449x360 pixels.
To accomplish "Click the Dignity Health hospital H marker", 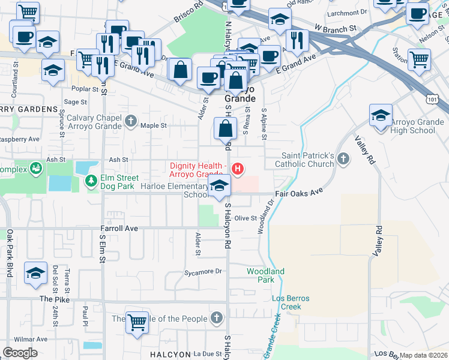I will [238, 169].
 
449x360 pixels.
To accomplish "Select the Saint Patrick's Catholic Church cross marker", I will [343, 159].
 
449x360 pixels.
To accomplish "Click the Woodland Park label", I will [265, 275].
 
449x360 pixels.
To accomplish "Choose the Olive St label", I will [246, 218].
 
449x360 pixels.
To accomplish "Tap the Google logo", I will [20, 353].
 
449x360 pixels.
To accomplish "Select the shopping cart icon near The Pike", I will [137, 322].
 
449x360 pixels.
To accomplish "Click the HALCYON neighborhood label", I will [170, 355].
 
